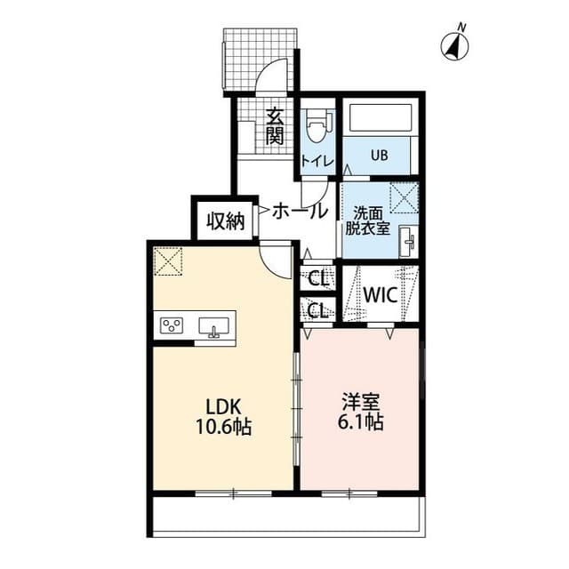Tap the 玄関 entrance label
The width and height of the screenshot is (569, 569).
click(x=275, y=126)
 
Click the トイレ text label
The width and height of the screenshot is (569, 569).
click(x=317, y=161)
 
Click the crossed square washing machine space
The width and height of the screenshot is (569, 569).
click(x=404, y=196)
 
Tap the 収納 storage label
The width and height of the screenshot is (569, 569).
click(x=226, y=221)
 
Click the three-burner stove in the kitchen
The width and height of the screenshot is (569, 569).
click(x=172, y=325)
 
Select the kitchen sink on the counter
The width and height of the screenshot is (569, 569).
click(x=213, y=326)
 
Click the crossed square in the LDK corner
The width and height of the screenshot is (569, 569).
click(x=167, y=261)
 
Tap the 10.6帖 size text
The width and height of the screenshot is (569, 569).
click(x=224, y=426)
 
